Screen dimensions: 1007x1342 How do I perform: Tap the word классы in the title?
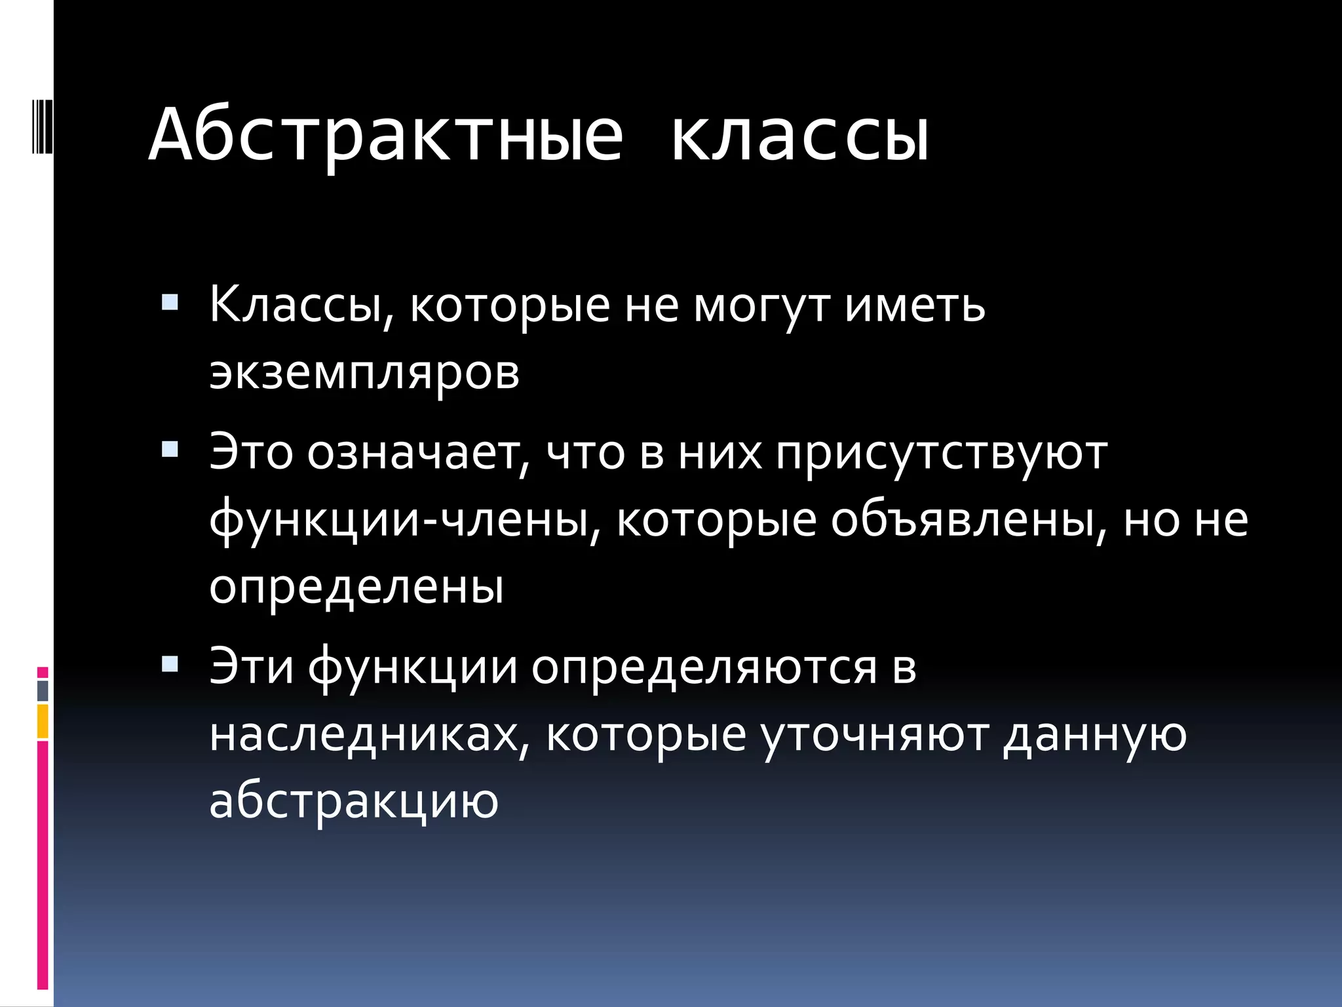coord(800,136)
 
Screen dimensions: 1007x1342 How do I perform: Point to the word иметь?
coord(915,306)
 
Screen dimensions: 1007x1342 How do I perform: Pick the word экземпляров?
coord(364,374)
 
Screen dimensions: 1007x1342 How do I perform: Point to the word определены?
coord(356,587)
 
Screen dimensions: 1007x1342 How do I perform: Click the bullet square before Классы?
coord(170,302)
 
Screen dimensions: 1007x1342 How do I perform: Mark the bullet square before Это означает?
coord(170,450)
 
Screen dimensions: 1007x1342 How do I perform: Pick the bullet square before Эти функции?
coord(170,664)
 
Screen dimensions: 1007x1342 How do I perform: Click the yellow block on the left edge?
coord(43,721)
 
